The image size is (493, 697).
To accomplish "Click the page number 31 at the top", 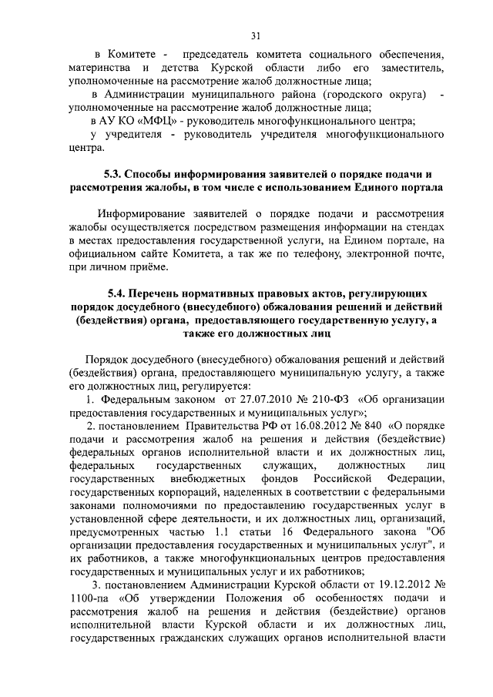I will (x=256, y=34).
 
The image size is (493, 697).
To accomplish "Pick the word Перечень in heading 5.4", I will (x=161, y=293).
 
